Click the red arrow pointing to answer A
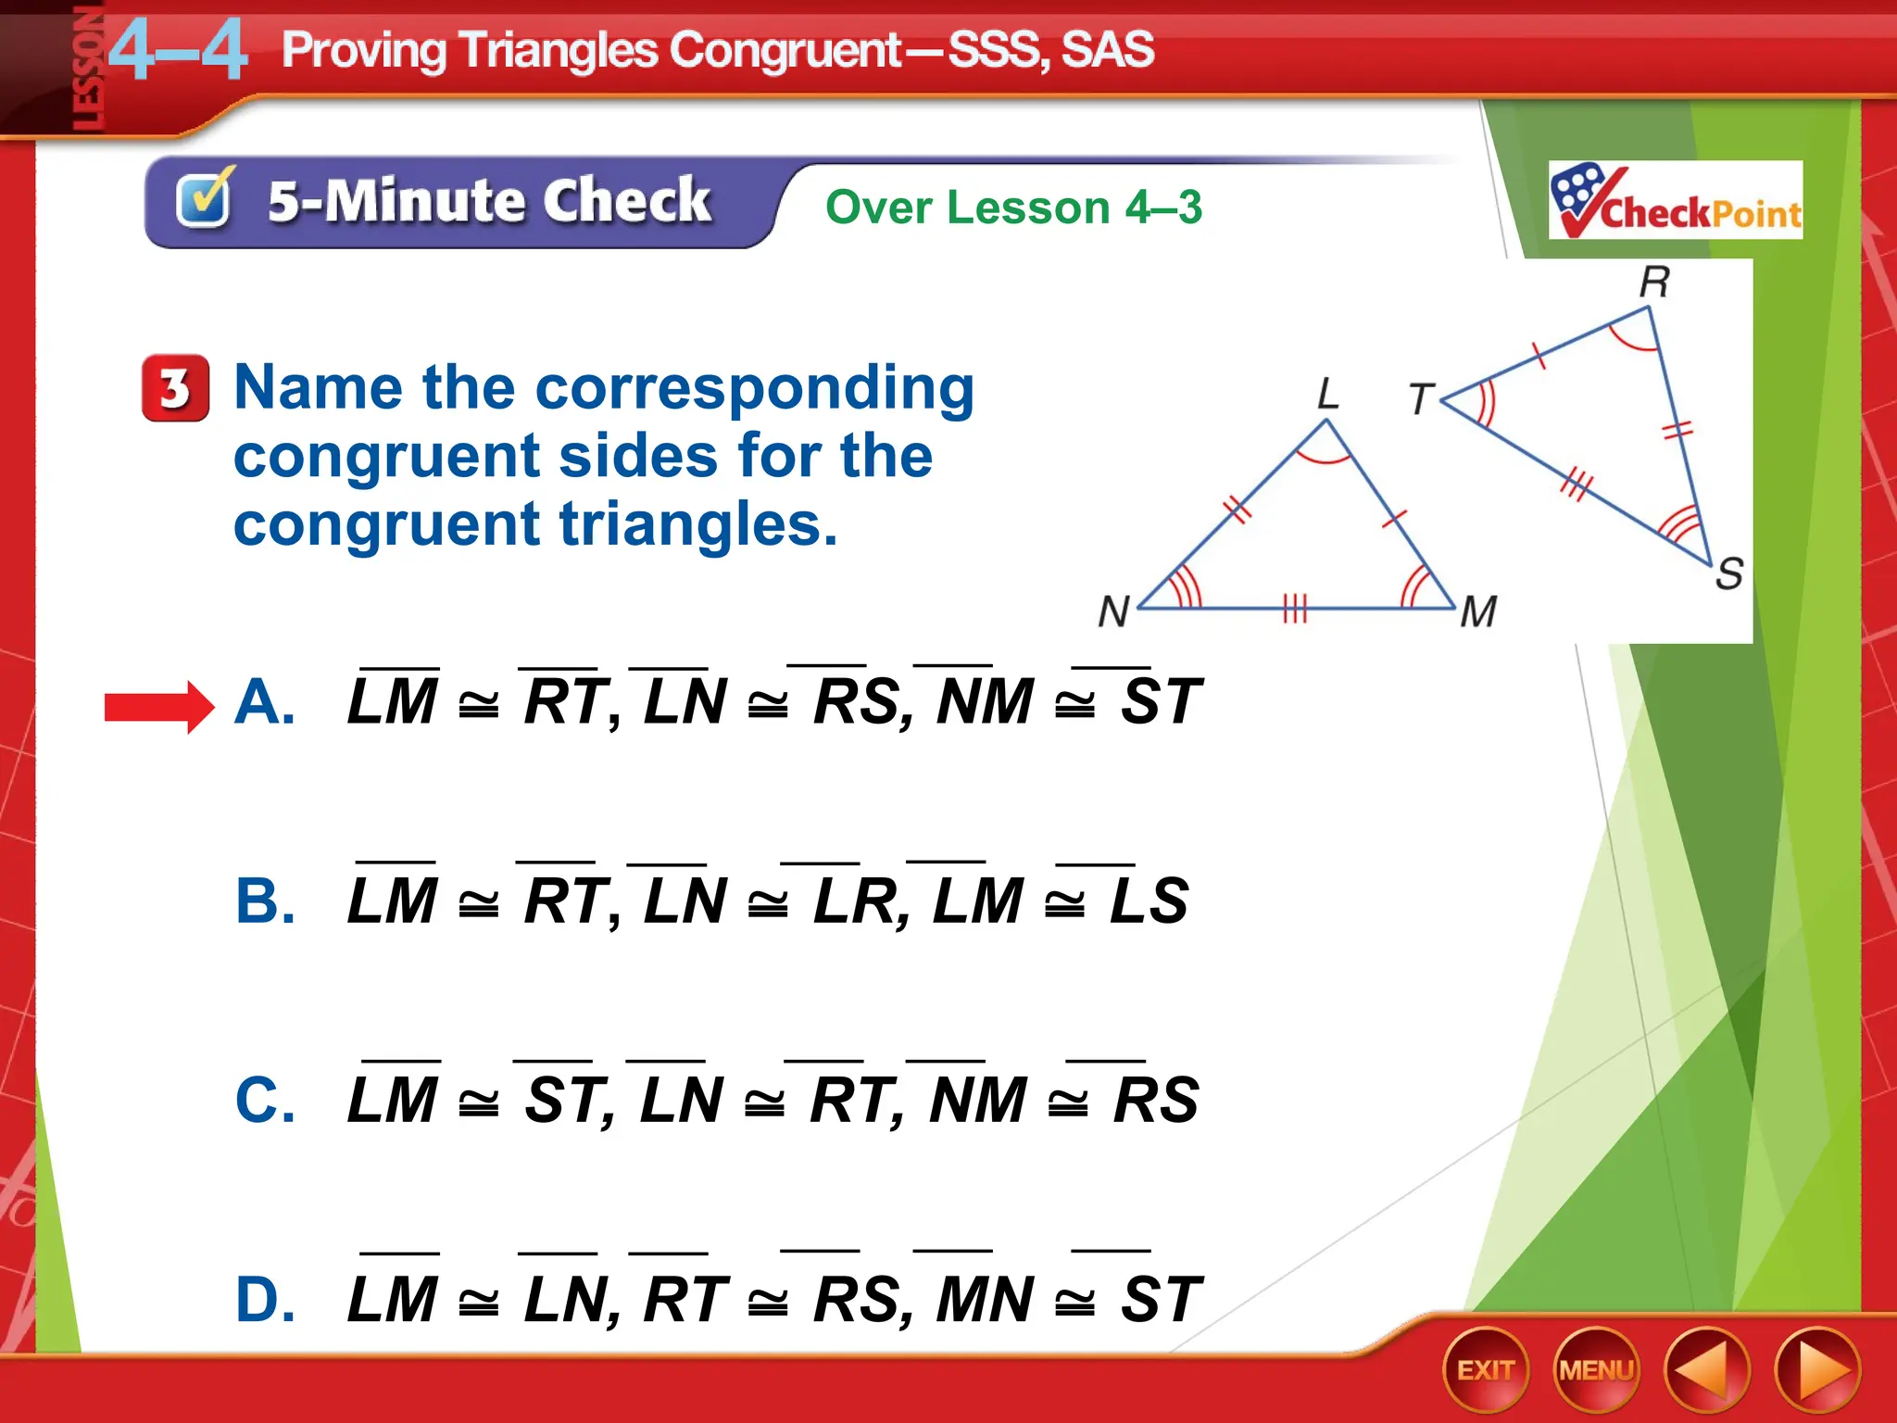point(158,707)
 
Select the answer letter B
point(265,900)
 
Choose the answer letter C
point(265,1101)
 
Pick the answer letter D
point(265,1300)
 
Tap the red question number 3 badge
point(175,388)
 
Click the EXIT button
point(1485,1370)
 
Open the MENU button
point(1595,1370)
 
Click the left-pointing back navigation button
point(1706,1370)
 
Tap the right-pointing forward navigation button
point(1817,1370)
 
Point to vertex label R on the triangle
point(1654,282)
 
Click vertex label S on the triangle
point(1728,573)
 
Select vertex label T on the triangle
point(1421,399)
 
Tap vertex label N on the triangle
point(1113,612)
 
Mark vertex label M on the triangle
point(1478,612)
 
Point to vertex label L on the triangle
point(1328,395)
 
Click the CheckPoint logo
point(1675,200)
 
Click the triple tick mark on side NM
point(1294,609)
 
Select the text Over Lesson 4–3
point(1013,208)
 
